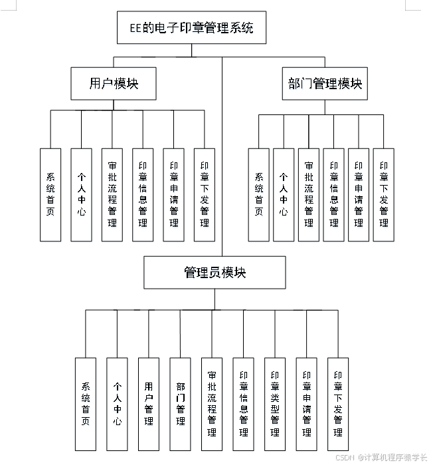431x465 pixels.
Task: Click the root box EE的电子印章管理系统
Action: [191, 28]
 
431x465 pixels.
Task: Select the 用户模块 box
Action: [114, 84]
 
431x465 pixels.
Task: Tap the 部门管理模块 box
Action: [325, 84]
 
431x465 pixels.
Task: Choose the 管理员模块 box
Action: [215, 273]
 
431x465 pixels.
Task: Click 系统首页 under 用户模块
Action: [50, 194]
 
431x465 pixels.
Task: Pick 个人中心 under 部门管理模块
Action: [284, 194]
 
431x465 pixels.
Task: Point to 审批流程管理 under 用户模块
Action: [112, 194]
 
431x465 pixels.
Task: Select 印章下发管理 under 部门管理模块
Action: [383, 194]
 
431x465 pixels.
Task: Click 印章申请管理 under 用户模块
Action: [174, 194]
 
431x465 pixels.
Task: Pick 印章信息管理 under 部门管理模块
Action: [333, 194]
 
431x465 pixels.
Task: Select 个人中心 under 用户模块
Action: [81, 194]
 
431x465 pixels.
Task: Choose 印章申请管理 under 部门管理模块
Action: [359, 194]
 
